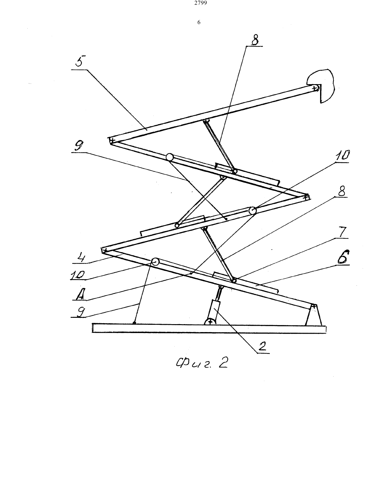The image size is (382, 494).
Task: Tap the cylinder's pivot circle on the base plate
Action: coord(210,322)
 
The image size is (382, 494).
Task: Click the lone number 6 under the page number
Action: coord(199,22)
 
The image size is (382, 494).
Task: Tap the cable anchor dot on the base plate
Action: coord(134,323)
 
